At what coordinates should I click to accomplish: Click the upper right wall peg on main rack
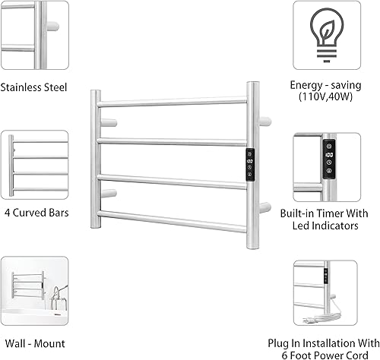pyautogui.click(x=265, y=120)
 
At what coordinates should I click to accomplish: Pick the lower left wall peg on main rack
pyautogui.click(x=109, y=194)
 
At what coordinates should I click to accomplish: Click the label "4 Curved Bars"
pyautogui.click(x=35, y=213)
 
